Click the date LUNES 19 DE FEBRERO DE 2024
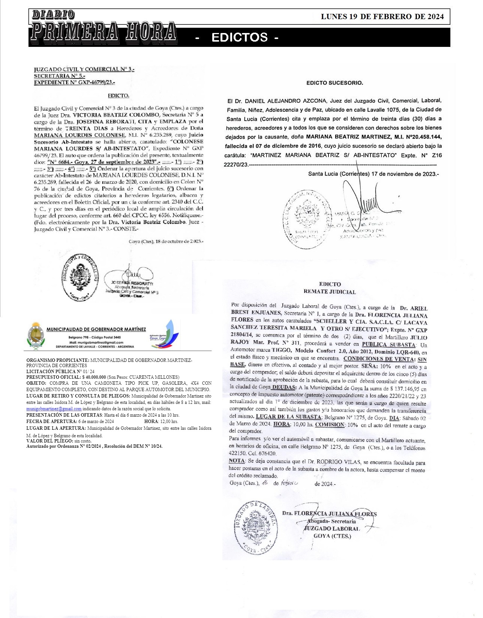(382, 16)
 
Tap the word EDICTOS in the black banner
(240, 37)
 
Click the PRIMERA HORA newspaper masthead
(103, 31)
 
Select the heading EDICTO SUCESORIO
(334, 83)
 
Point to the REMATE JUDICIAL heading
(330, 291)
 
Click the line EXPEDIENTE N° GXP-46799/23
(74, 82)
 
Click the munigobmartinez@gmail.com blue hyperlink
(54, 409)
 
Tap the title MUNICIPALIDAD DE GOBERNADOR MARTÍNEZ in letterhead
(96, 329)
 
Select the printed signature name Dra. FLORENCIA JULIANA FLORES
(329, 514)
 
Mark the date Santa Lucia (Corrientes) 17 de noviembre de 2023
(373, 174)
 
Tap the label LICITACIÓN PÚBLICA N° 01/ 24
(60, 371)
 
